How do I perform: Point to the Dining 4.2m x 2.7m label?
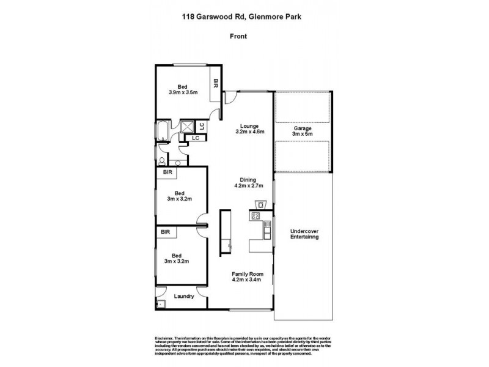click(x=248, y=183)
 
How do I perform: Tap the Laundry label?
click(x=183, y=297)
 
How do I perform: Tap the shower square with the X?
click(x=187, y=127)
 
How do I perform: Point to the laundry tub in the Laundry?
click(x=161, y=303)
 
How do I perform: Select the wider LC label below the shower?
click(x=195, y=138)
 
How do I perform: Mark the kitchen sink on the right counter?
click(x=266, y=231)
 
